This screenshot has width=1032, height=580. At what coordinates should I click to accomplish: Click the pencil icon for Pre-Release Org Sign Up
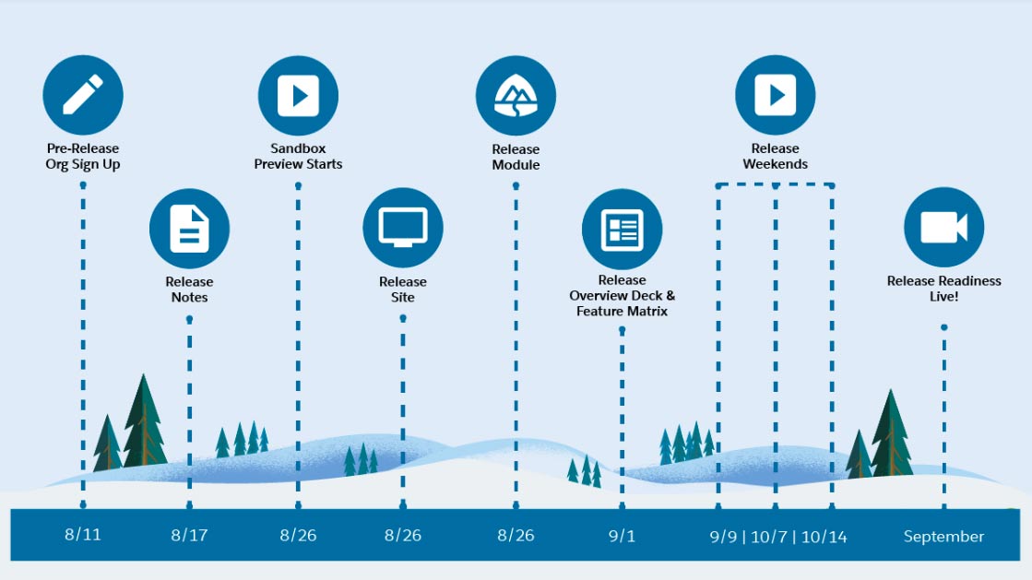83,95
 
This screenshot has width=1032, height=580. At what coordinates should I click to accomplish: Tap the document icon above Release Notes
190,229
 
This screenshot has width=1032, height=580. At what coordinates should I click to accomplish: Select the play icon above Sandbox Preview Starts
298,96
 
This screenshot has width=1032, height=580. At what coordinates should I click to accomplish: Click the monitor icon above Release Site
403,228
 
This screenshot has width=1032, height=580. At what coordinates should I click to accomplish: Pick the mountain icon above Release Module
516,96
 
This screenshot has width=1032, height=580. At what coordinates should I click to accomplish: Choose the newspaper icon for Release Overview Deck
622,229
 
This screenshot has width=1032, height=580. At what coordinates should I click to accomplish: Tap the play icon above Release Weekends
776,95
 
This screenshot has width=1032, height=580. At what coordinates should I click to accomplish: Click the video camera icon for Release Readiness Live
943,227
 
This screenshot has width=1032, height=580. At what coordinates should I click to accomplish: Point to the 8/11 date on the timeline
83,535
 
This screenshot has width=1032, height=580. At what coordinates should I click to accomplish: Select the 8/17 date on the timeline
190,535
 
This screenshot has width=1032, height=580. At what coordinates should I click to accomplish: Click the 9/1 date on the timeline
622,536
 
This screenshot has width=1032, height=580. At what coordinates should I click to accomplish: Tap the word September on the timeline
943,537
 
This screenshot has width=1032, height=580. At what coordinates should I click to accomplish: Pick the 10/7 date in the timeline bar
769,538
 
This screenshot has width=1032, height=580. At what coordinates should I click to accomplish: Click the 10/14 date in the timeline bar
824,538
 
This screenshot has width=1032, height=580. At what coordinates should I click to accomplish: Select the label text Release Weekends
776,156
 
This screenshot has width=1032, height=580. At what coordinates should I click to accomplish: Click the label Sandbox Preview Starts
298,156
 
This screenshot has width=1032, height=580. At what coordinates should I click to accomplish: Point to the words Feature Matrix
622,312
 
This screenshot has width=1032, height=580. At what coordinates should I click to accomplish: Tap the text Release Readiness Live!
943,289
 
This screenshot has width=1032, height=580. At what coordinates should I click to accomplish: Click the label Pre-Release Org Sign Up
83,157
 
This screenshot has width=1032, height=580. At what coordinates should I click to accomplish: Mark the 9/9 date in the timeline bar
723,538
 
